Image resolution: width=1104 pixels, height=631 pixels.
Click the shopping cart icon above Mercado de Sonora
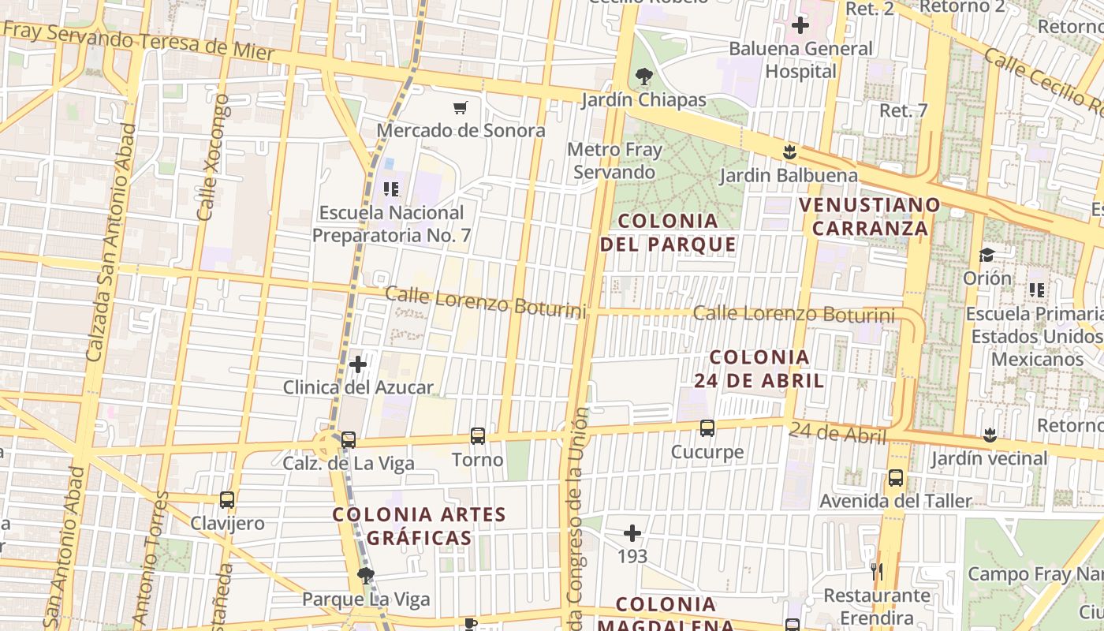click(460, 107)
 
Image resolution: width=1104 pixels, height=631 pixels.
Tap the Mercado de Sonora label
click(461, 130)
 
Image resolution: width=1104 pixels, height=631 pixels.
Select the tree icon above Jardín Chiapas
click(644, 77)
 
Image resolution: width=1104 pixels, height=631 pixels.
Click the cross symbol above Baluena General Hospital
click(800, 25)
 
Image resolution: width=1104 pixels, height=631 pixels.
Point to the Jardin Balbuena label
click(789, 175)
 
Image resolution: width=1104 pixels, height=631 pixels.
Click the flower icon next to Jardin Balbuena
click(789, 151)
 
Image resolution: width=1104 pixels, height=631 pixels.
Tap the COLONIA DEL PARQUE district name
click(668, 233)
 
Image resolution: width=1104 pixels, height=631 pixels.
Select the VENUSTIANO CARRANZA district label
click(870, 217)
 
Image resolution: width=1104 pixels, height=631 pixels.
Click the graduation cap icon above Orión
click(987, 255)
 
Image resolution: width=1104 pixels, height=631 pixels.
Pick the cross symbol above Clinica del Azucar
click(358, 364)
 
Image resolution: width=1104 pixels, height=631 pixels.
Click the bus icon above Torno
click(478, 436)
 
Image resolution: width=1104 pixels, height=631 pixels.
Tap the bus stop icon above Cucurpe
click(707, 428)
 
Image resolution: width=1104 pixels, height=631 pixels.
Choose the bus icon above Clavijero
click(227, 500)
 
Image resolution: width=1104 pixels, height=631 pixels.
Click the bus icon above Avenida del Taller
click(896, 478)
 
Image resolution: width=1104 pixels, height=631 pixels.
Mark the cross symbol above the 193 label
click(632, 534)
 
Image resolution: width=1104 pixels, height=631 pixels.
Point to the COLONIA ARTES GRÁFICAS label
click(419, 526)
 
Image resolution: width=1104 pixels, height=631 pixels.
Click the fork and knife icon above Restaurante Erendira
click(877, 572)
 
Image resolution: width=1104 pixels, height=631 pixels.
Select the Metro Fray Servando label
click(614, 161)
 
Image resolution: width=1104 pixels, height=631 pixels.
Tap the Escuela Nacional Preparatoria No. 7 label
click(392, 224)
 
